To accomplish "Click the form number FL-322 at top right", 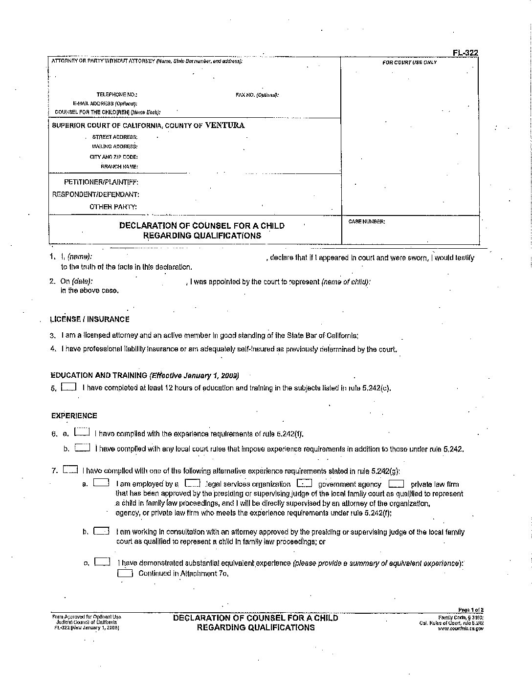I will point(465,53).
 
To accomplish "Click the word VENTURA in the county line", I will point(225,125).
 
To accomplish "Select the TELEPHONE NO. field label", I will point(117,95).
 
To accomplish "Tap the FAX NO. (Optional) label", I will point(257,95).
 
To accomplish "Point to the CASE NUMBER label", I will point(367,222).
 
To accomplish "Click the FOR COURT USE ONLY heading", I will point(409,63).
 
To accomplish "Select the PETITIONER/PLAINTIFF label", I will point(101,182).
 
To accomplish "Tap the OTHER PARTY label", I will point(113,207).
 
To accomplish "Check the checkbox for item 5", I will point(69,387).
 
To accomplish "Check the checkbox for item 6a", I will point(82,432).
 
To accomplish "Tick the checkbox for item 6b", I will point(82,448).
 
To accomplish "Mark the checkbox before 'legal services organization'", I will point(192,483).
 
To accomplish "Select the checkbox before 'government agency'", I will point(305,483).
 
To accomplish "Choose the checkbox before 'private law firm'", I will point(396,484).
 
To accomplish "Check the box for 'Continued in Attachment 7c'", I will point(125,573).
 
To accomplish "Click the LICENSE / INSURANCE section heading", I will point(89,319).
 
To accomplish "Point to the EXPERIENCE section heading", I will point(74,416).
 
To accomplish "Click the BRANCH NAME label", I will point(119,167).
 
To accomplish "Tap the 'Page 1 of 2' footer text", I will point(470,610).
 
